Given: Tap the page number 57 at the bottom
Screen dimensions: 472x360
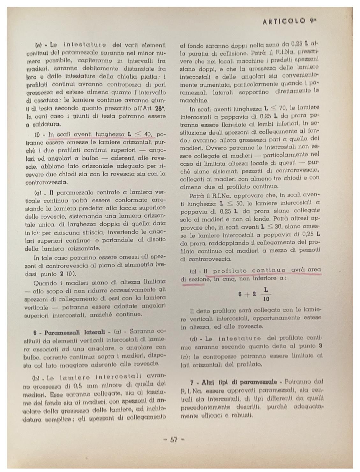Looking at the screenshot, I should click(x=174, y=440).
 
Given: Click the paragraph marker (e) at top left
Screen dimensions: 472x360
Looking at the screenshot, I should click(x=39, y=45).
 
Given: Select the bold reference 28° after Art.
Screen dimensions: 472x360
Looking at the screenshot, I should click(x=160, y=108).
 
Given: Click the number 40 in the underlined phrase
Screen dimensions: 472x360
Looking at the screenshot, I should click(x=147, y=134).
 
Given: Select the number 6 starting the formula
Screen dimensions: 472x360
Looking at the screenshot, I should click(x=240, y=294).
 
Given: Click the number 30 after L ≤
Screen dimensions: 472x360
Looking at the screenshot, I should click(x=280, y=227).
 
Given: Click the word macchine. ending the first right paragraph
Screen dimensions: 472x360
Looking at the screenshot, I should click(x=194, y=100).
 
